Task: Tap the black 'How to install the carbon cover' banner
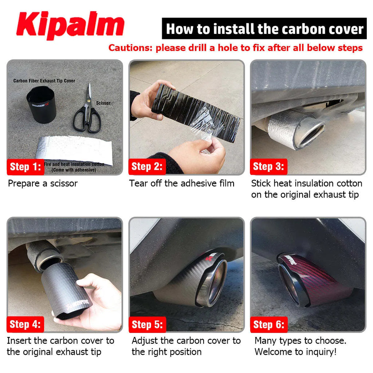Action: [264, 29]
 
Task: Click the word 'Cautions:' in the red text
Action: [131, 48]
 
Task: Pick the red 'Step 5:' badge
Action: [147, 325]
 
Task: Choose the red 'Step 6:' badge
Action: [268, 325]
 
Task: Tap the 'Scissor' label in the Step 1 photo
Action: [103, 103]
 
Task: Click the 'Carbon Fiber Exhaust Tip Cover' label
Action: [44, 81]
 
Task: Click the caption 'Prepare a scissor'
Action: [43, 183]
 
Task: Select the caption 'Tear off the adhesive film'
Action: [182, 183]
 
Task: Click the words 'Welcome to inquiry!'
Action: [295, 352]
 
